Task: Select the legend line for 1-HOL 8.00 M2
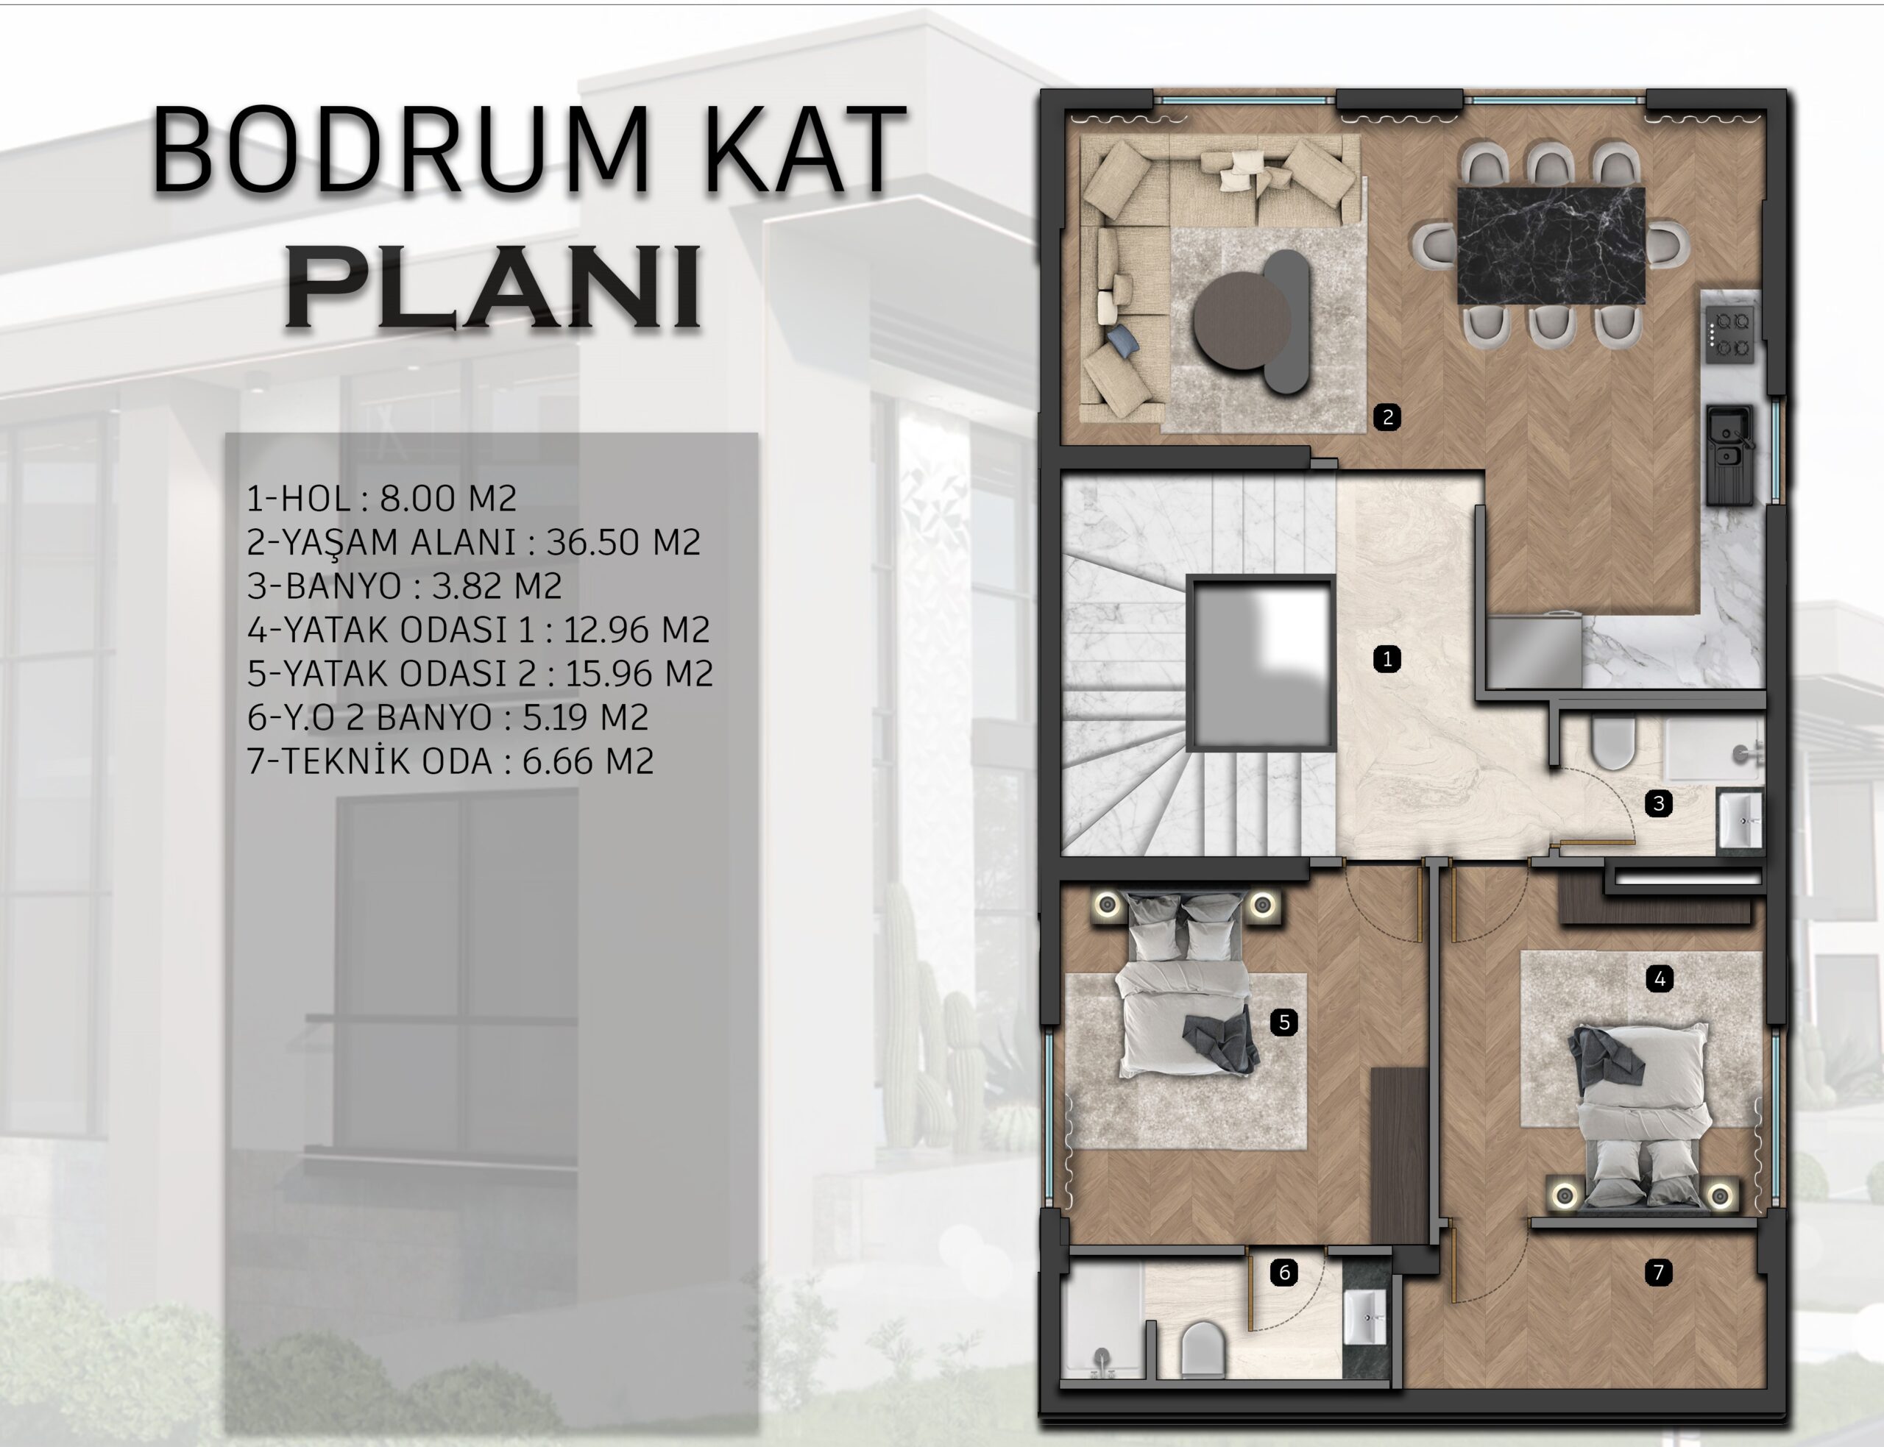pyautogui.click(x=382, y=498)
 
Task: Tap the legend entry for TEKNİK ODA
pyautogui.click(x=450, y=761)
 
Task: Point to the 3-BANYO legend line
pyautogui.click(x=405, y=586)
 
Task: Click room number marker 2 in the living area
pyautogui.click(x=1387, y=418)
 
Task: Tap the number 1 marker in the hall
pyautogui.click(x=1387, y=660)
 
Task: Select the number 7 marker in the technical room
pyautogui.click(x=1659, y=1272)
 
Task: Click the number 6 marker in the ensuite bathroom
pyautogui.click(x=1284, y=1272)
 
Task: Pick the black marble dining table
pyautogui.click(x=1551, y=246)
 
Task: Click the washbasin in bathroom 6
pyautogui.click(x=1366, y=1317)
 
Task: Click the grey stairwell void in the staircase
pyautogui.click(x=1261, y=664)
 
